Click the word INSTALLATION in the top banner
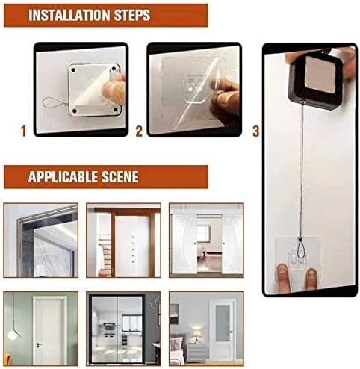click(69, 16)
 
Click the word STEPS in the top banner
click(132, 16)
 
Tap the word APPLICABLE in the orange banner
click(63, 177)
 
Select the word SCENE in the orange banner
click(120, 177)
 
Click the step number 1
click(24, 131)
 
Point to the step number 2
click(139, 131)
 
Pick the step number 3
click(256, 131)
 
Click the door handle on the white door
click(39, 344)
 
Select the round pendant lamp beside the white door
click(12, 335)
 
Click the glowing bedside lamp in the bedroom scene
click(197, 333)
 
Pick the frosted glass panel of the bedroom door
click(222, 323)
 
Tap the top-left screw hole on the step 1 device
click(73, 69)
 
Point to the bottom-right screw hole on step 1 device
click(115, 109)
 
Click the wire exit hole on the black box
click(302, 102)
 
